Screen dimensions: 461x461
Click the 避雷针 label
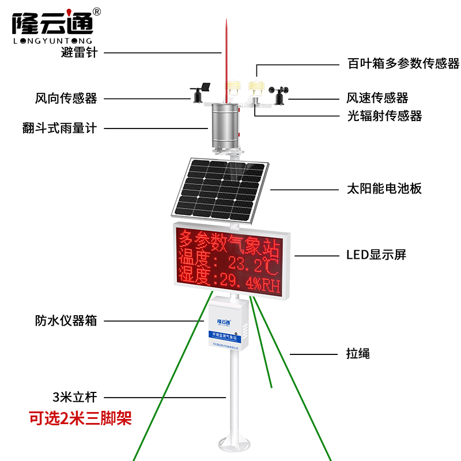[x=80, y=52]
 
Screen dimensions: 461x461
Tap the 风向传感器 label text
[x=66, y=99]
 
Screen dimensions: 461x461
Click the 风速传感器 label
[x=377, y=99]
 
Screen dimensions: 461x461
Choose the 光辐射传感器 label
[x=384, y=116]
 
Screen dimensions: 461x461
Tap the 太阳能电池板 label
[x=384, y=188]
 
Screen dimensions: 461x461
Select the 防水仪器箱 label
[x=66, y=321]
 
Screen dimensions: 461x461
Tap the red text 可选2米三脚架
[x=81, y=417]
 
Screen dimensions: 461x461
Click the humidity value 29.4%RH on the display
[x=247, y=282]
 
